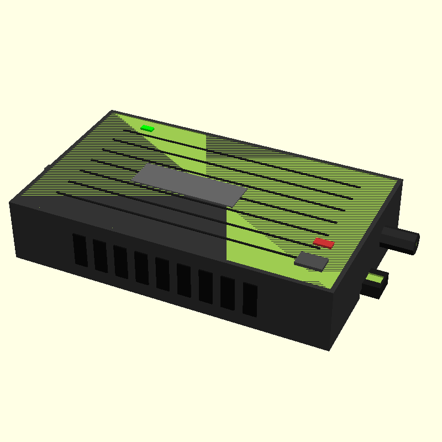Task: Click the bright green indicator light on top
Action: pyautogui.click(x=147, y=128)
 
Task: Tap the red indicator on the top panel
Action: pyautogui.click(x=324, y=243)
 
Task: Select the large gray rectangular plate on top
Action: pyautogui.click(x=189, y=184)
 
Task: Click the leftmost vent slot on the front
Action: pyautogui.click(x=80, y=250)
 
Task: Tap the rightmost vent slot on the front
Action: pyautogui.click(x=250, y=300)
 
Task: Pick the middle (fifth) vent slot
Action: pyautogui.click(x=162, y=274)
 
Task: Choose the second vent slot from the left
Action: pyautogui.click(x=100, y=256)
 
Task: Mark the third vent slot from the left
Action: pyautogui.click(x=120, y=262)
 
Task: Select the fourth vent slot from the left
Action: pyautogui.click(x=141, y=268)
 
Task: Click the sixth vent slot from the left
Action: pyautogui.click(x=184, y=281)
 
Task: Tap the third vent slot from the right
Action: pyautogui.click(x=206, y=287)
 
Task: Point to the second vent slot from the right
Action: pyautogui.click(x=228, y=293)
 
